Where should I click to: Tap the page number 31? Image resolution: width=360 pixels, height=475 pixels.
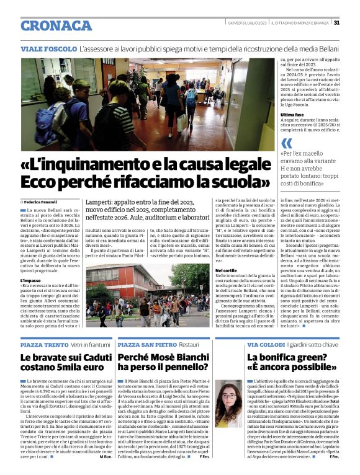click(x=336, y=23)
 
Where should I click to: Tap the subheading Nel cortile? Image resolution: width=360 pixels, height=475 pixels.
click(x=226, y=271)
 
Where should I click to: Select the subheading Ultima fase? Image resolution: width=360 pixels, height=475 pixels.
click(x=277, y=115)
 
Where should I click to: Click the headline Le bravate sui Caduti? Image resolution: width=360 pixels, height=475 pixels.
click(x=61, y=358)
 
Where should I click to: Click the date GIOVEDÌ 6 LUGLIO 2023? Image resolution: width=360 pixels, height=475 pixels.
click(x=246, y=23)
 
